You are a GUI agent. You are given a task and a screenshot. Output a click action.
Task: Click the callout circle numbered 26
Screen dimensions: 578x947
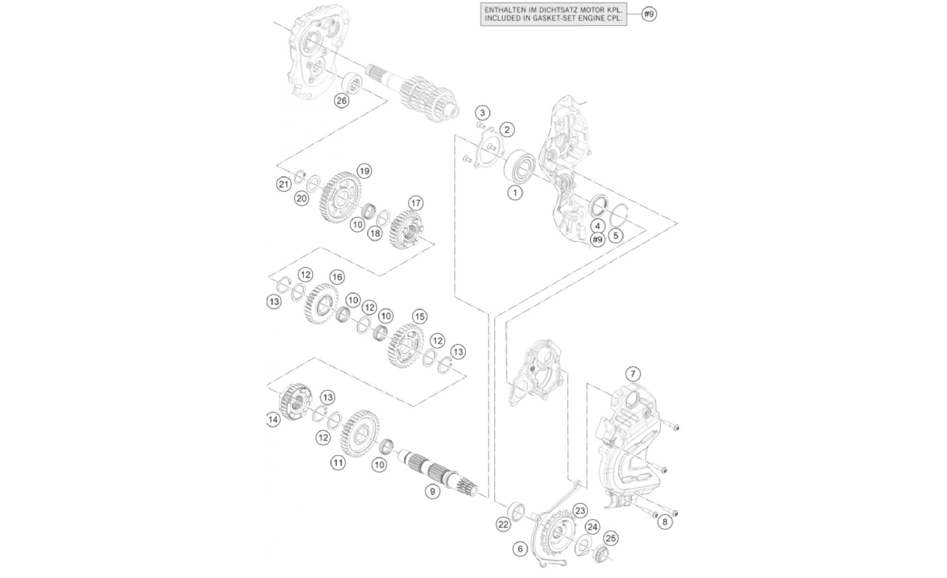pyautogui.click(x=341, y=100)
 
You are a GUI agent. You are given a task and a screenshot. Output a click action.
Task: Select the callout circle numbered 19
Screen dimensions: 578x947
pyautogui.click(x=364, y=171)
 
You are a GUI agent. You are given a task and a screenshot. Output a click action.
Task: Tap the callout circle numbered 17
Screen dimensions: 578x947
pyautogui.click(x=416, y=204)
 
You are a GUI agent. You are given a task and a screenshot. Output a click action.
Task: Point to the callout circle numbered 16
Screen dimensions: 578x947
pyautogui.click(x=337, y=277)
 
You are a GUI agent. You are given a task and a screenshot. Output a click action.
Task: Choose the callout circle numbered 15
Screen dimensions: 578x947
pyautogui.click(x=419, y=316)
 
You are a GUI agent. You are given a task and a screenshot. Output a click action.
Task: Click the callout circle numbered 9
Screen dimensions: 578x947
pyautogui.click(x=432, y=492)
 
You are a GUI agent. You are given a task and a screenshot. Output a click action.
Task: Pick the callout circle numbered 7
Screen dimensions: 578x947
pyautogui.click(x=633, y=374)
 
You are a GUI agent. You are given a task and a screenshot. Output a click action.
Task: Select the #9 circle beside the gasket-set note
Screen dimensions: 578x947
pyautogui.click(x=649, y=14)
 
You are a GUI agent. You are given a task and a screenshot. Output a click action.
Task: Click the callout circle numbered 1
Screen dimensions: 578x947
pyautogui.click(x=515, y=192)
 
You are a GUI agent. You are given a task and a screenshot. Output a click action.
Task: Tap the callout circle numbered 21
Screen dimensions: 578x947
pyautogui.click(x=284, y=184)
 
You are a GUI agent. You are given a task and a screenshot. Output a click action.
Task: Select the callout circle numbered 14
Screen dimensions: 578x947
pyautogui.click(x=272, y=420)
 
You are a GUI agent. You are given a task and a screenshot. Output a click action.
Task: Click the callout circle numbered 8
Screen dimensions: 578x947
pyautogui.click(x=665, y=522)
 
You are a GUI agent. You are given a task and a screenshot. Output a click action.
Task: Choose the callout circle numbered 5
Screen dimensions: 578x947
pyautogui.click(x=615, y=235)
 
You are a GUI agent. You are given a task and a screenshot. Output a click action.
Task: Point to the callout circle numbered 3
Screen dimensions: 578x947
pyautogui.click(x=482, y=113)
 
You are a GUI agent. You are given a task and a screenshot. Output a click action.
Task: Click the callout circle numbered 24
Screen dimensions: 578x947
pyautogui.click(x=592, y=527)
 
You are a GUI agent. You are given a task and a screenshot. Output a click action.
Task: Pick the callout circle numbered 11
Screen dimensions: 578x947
pyautogui.click(x=338, y=462)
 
